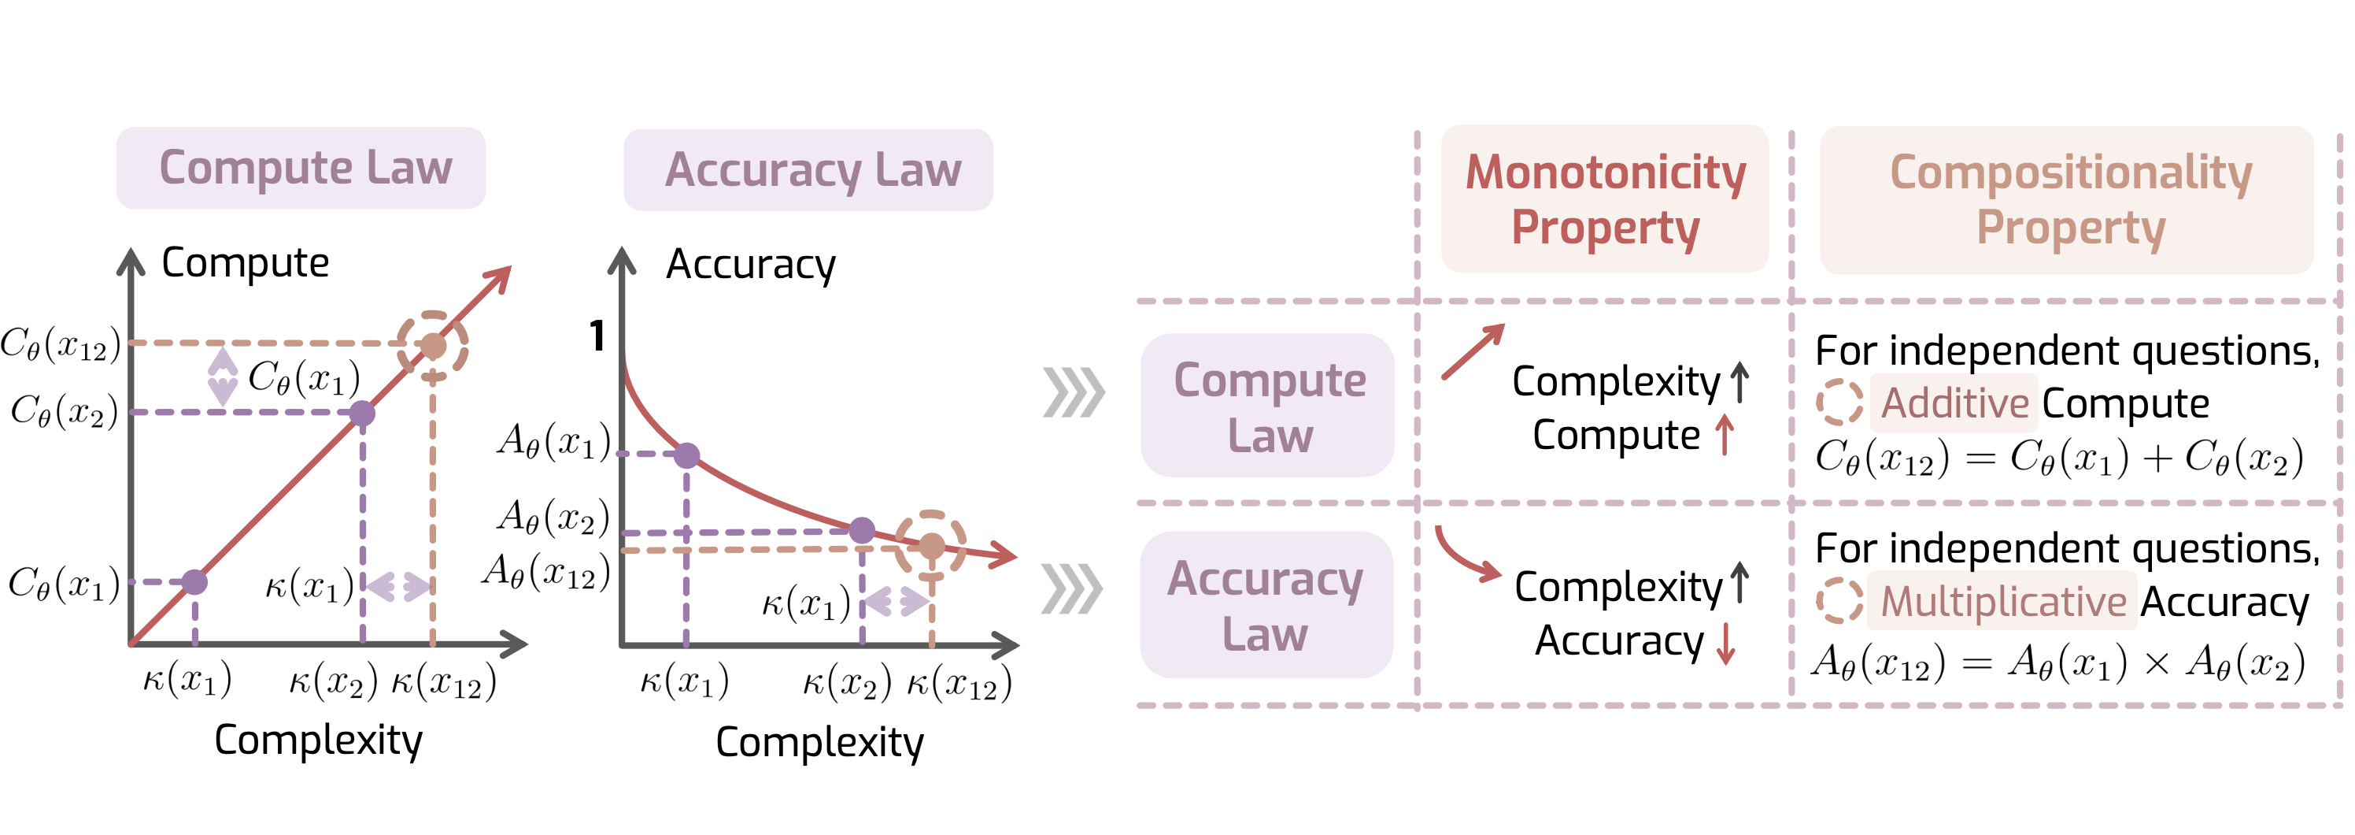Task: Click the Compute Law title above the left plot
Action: [x=305, y=167]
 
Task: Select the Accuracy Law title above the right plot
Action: [x=813, y=170]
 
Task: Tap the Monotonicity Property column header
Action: [x=1606, y=199]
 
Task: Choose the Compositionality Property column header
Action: [x=2071, y=199]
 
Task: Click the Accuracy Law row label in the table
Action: [x=1266, y=606]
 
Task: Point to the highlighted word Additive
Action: [x=1954, y=403]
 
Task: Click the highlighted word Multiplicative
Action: [x=2003, y=601]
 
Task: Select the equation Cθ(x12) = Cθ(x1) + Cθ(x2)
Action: [x=2059, y=458]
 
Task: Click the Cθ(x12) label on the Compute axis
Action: [x=61, y=344]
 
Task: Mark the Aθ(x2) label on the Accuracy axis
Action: [x=553, y=517]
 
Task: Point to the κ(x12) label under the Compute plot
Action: [x=444, y=682]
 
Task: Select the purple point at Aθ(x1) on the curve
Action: [x=686, y=455]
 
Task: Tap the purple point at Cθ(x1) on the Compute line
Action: [x=194, y=581]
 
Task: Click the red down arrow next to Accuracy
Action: [x=1725, y=642]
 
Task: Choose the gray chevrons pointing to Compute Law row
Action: [x=1074, y=392]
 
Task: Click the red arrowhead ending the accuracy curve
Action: [x=1004, y=555]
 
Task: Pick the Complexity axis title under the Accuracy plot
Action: [x=819, y=742]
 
